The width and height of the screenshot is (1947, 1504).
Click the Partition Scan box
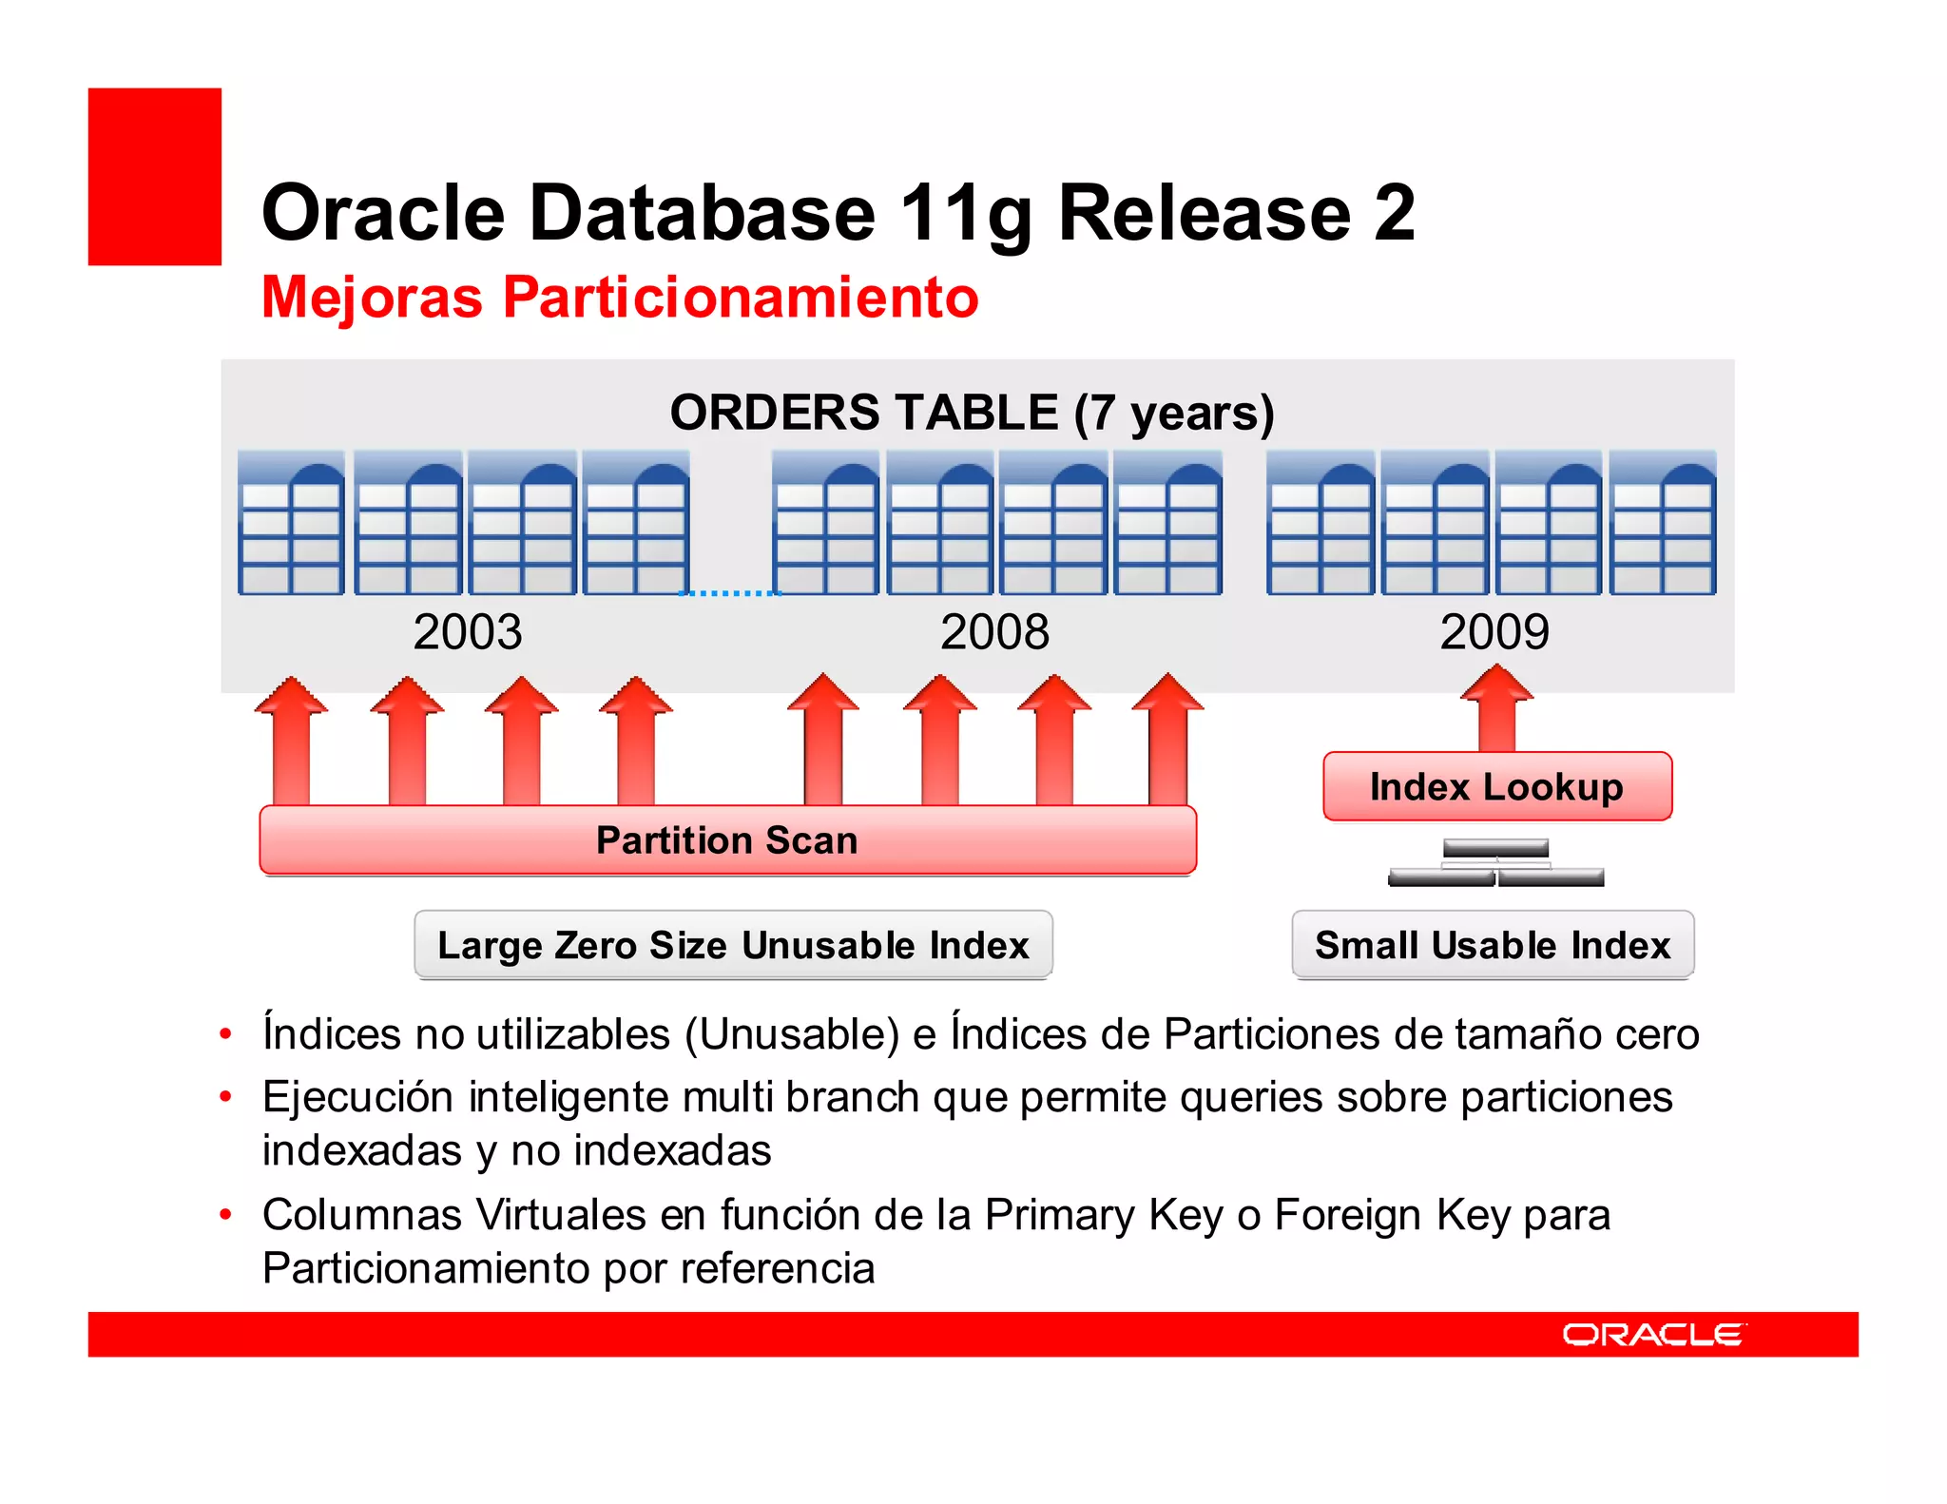coord(727,840)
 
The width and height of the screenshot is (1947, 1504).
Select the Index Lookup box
coord(1496,787)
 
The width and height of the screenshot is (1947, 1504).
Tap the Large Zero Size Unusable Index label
coord(733,945)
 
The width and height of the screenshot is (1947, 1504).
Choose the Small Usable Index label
coord(1493,945)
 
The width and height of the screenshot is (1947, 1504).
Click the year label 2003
coord(468,632)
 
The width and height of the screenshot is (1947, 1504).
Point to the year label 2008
coord(994,632)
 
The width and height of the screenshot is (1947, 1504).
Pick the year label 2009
coord(1494,632)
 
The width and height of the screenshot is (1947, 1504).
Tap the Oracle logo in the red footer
coord(1653,1335)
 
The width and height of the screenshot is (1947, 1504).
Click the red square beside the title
coord(155,177)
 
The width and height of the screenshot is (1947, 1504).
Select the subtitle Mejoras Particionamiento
coord(620,297)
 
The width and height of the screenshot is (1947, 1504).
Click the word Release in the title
coord(1204,213)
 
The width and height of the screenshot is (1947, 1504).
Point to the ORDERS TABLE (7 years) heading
coord(972,413)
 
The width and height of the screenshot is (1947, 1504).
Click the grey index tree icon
coord(1496,863)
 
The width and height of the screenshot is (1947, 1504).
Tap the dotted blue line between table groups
coord(730,592)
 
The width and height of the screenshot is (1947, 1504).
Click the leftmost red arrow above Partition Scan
coord(291,742)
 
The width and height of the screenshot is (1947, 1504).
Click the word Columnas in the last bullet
coord(362,1215)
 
